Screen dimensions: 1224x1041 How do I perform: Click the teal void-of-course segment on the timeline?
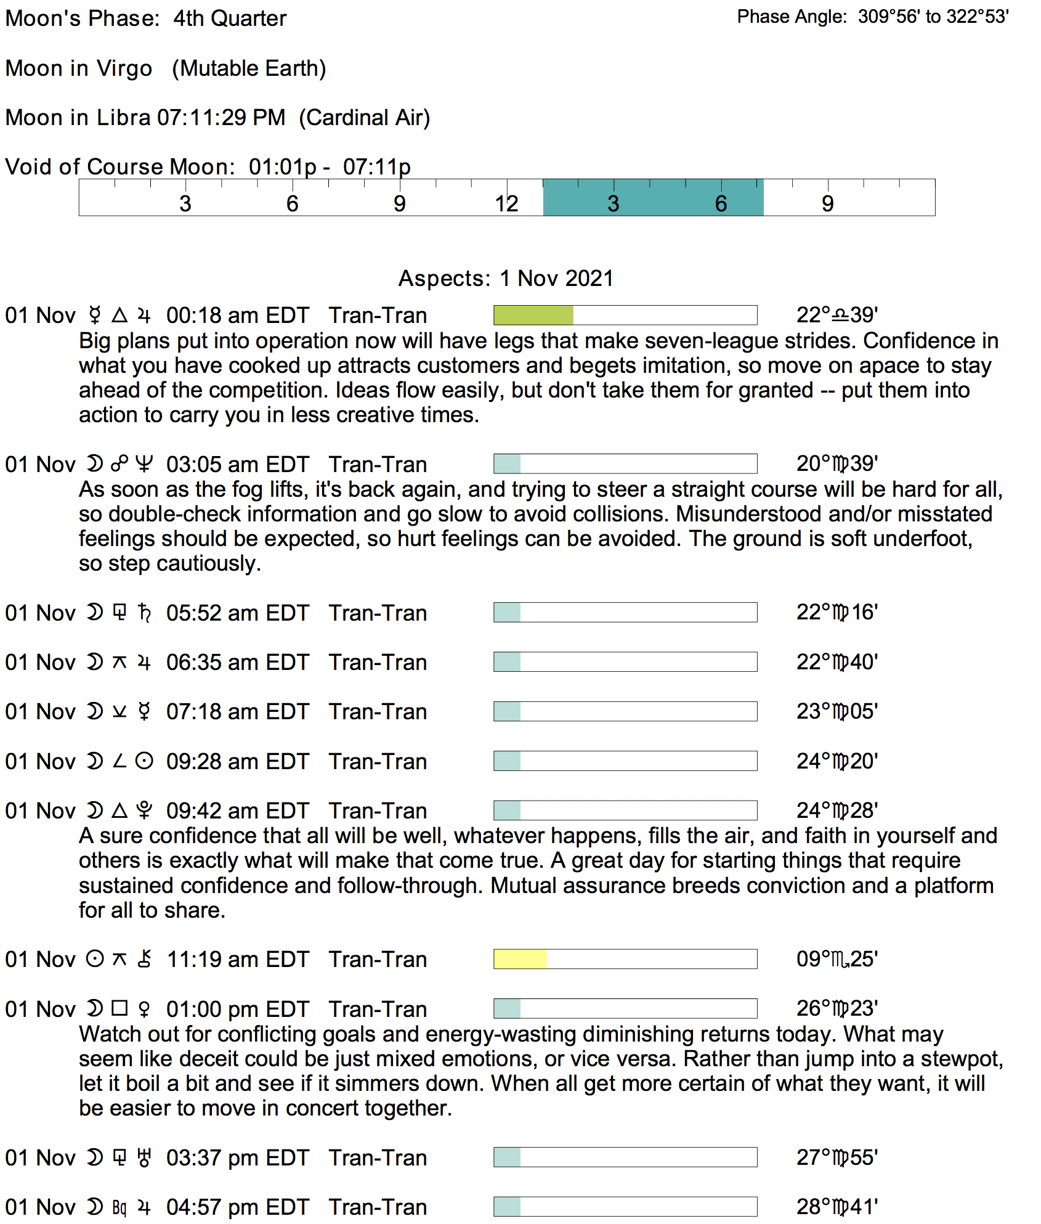click(653, 197)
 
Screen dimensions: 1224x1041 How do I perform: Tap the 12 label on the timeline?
click(506, 204)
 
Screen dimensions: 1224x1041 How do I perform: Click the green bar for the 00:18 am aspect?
click(533, 315)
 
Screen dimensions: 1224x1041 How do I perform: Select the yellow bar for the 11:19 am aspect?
click(520, 959)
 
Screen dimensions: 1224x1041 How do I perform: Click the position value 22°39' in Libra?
click(836, 315)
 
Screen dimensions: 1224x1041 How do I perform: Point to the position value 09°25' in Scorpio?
click(836, 959)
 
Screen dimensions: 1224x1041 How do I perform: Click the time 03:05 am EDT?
click(237, 464)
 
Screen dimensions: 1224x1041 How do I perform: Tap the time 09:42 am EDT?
click(237, 810)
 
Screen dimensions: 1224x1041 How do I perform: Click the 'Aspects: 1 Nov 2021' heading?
click(506, 278)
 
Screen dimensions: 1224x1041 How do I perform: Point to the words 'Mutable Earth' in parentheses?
click(249, 68)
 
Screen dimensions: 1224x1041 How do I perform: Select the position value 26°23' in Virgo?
click(836, 1009)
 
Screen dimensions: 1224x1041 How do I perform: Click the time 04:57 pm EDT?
click(237, 1207)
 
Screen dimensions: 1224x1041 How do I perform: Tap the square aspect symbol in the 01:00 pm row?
click(119, 1008)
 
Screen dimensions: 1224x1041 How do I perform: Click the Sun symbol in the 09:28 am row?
click(144, 761)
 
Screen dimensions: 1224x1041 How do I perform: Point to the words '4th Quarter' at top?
click(230, 18)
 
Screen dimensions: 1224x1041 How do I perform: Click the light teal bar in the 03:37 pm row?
click(507, 1157)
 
